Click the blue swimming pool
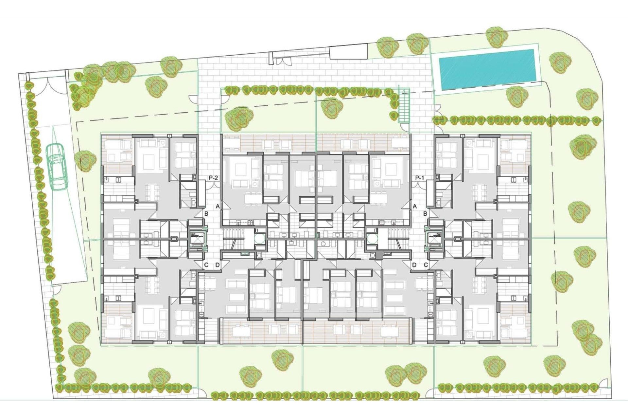click(487, 69)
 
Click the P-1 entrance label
click(420, 178)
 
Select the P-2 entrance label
click(213, 178)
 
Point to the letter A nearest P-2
click(218, 206)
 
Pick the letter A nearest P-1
click(415, 206)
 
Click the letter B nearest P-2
click(206, 214)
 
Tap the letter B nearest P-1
click(425, 214)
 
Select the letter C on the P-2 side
click(206, 265)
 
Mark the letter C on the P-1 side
click(426, 265)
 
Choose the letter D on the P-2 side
click(218, 265)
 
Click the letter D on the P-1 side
click(414, 265)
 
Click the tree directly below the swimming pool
click(517, 96)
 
